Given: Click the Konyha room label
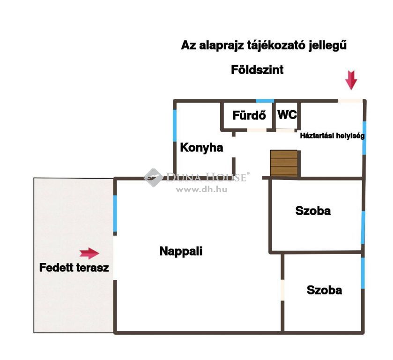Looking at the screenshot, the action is pos(201,148).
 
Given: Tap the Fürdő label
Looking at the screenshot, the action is pos(249,115).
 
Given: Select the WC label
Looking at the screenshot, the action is pos(287,115).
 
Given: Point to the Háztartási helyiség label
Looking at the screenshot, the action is pos(332,136).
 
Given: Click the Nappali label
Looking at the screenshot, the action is pos(181,251).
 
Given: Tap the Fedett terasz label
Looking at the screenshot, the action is pos(74,268).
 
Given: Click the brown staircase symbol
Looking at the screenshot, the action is pos(284,163).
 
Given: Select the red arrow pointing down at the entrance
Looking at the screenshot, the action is pos(351,80).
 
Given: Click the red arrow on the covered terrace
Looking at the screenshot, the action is pos(89,254).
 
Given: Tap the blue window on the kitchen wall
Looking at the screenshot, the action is pos(175,126).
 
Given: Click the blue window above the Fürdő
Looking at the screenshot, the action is pos(265,101).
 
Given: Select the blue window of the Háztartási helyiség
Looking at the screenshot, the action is pos(364,138).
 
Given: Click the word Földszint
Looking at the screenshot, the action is pos(257,70).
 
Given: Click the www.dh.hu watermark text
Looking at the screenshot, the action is pos(202,189).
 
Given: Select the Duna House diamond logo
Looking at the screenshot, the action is pos(153,177).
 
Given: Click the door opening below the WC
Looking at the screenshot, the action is pos(285,130).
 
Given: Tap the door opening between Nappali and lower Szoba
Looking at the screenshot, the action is pos(282,290).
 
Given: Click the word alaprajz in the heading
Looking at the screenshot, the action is pos(221,45).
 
